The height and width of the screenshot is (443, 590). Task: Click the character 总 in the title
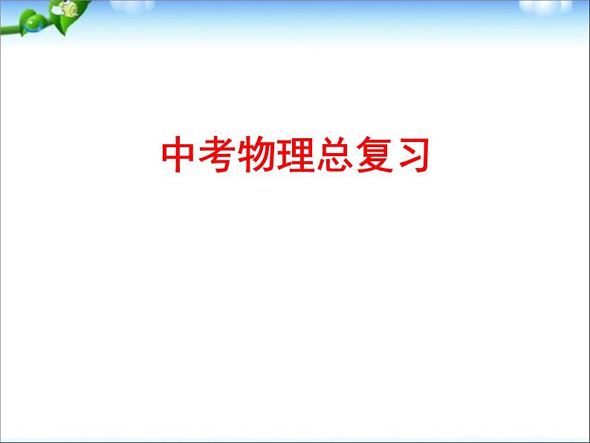[x=334, y=155]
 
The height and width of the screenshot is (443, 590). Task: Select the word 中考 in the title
[x=199, y=155]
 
